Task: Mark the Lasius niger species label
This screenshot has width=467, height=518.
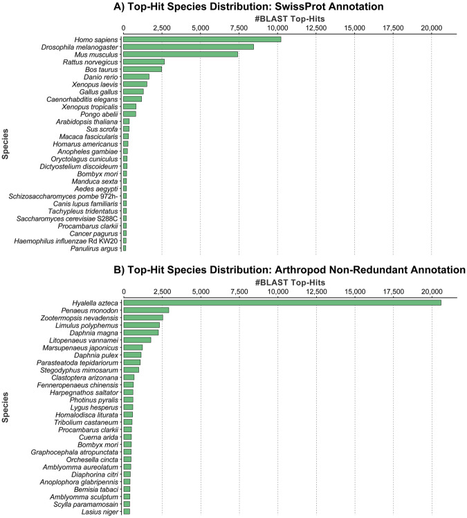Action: coord(102,512)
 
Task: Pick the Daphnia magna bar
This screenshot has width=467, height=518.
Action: coord(141,333)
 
